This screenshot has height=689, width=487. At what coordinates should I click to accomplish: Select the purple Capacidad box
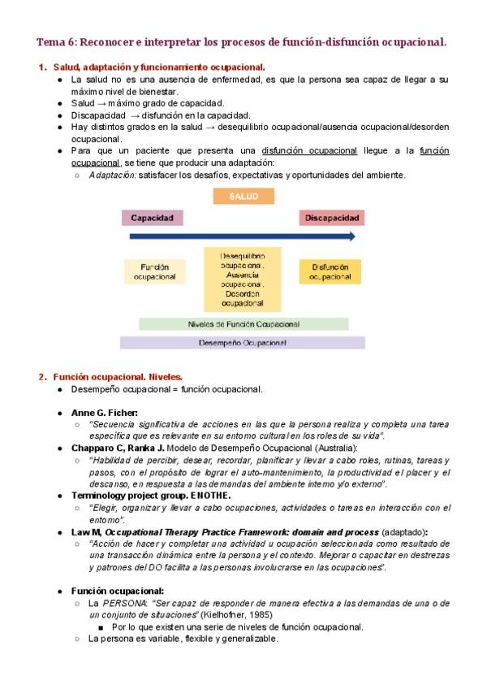[x=152, y=218]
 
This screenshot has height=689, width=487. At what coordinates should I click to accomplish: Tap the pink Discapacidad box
[x=330, y=218]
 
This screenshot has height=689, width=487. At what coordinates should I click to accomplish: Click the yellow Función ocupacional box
[x=153, y=271]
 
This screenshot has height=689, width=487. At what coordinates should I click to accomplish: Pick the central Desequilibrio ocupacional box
[x=243, y=279]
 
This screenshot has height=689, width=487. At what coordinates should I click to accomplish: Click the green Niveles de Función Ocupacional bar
[x=243, y=323]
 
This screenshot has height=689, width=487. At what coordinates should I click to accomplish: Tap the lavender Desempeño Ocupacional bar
[x=243, y=343]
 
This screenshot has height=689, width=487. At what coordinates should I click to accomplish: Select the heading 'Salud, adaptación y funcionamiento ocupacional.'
[x=158, y=67]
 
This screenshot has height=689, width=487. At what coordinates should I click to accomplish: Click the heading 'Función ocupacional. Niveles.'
[x=118, y=377]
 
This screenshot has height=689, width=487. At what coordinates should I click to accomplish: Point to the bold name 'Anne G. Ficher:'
[x=105, y=413]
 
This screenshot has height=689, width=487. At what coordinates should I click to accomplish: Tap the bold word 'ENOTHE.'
[x=213, y=495]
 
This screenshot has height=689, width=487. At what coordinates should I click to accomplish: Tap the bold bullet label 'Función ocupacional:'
[x=118, y=591]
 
